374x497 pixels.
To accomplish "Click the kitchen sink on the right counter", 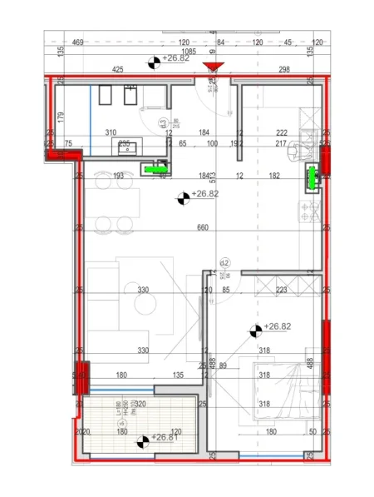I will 303,151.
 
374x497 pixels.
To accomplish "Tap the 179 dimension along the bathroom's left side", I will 61,117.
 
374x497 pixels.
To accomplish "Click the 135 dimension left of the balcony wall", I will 178,375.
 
